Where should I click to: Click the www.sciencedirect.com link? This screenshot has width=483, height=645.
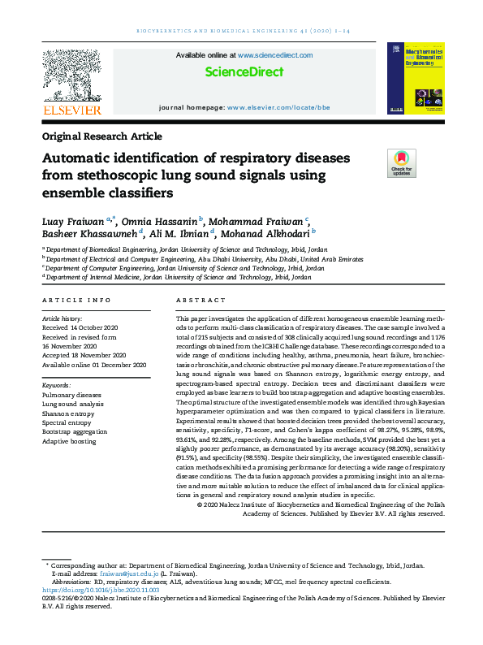pyautogui.click(x=275, y=55)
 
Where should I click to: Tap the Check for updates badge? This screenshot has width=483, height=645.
pyautogui.click(x=401, y=163)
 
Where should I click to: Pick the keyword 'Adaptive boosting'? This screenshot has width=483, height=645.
pyautogui.click(x=69, y=441)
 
